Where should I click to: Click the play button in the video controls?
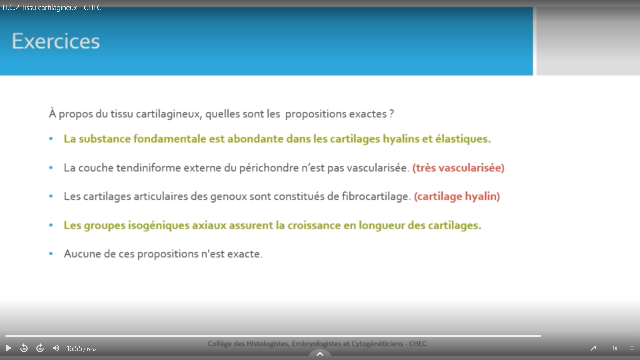point(8,348)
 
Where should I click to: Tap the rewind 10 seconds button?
point(24,348)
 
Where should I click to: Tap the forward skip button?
point(40,348)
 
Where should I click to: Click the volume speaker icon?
point(56,348)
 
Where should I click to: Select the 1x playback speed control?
point(615,348)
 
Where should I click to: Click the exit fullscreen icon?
point(632,348)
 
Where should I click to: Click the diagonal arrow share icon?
point(593,348)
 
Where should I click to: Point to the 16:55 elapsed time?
point(74,349)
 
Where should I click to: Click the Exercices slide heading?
point(56,41)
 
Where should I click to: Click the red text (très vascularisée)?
point(458,168)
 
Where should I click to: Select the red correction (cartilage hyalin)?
point(457,196)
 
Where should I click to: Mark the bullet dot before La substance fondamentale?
point(51,139)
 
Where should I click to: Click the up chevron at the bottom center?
point(320,354)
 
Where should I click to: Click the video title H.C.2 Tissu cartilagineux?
point(40,7)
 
